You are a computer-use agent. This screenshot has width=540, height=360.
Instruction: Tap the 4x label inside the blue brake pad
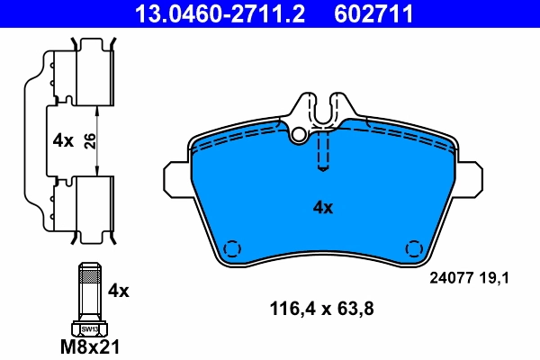click(322, 208)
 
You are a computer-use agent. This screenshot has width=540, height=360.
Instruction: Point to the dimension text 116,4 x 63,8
click(321, 309)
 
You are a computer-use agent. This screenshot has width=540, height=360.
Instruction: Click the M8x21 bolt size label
click(89, 345)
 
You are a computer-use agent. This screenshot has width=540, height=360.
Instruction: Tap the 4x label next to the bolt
click(119, 291)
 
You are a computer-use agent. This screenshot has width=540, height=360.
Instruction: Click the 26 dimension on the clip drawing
click(87, 141)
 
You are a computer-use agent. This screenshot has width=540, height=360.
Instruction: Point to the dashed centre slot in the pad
click(324, 151)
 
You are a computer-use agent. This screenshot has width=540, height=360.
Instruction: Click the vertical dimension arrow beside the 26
click(99, 141)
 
